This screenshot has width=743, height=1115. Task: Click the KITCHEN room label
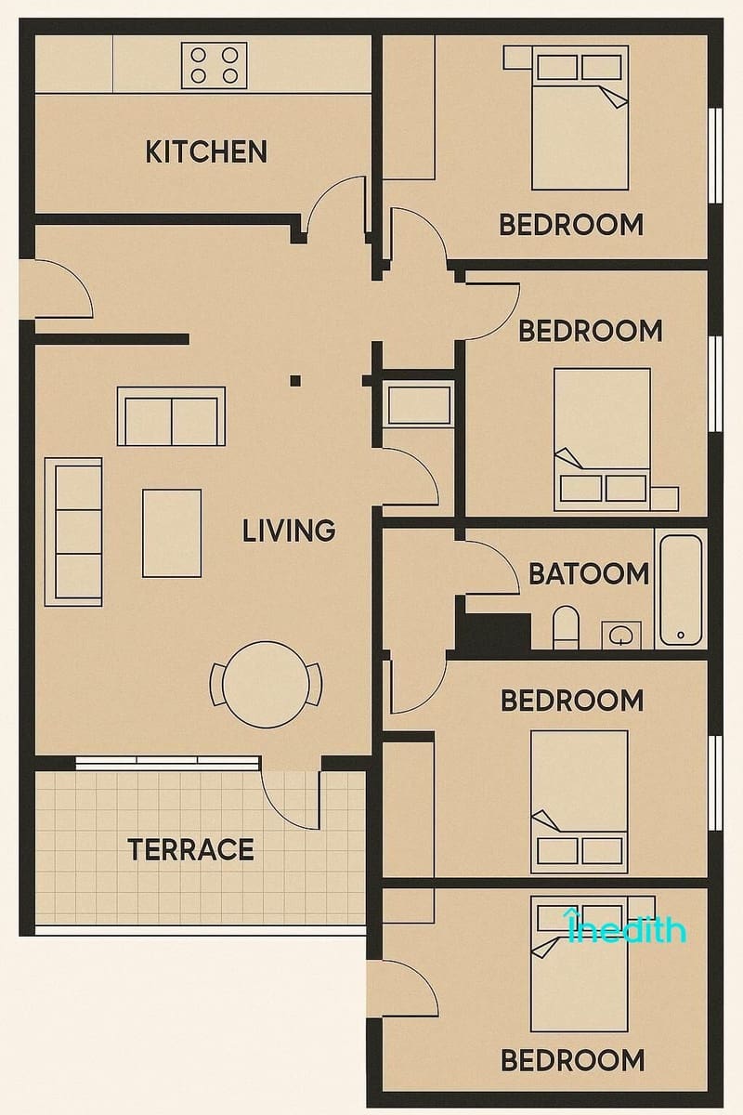(206, 151)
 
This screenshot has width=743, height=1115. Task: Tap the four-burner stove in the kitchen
(208, 65)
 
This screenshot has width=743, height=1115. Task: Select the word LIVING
(289, 531)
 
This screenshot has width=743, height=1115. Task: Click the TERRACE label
(190, 849)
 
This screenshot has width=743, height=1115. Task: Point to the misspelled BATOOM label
(589, 574)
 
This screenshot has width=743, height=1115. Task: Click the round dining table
(267, 685)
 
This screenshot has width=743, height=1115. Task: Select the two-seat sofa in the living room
(171, 416)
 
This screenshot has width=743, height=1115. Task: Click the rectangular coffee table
(172, 533)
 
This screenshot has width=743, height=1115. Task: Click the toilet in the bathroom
(566, 627)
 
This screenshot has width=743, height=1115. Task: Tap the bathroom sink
(618, 636)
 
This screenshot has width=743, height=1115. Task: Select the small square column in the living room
(295, 379)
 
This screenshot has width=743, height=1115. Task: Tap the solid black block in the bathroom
(495, 632)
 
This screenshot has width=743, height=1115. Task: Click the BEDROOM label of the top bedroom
(571, 225)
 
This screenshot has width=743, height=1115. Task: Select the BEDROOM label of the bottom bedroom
(572, 1059)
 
